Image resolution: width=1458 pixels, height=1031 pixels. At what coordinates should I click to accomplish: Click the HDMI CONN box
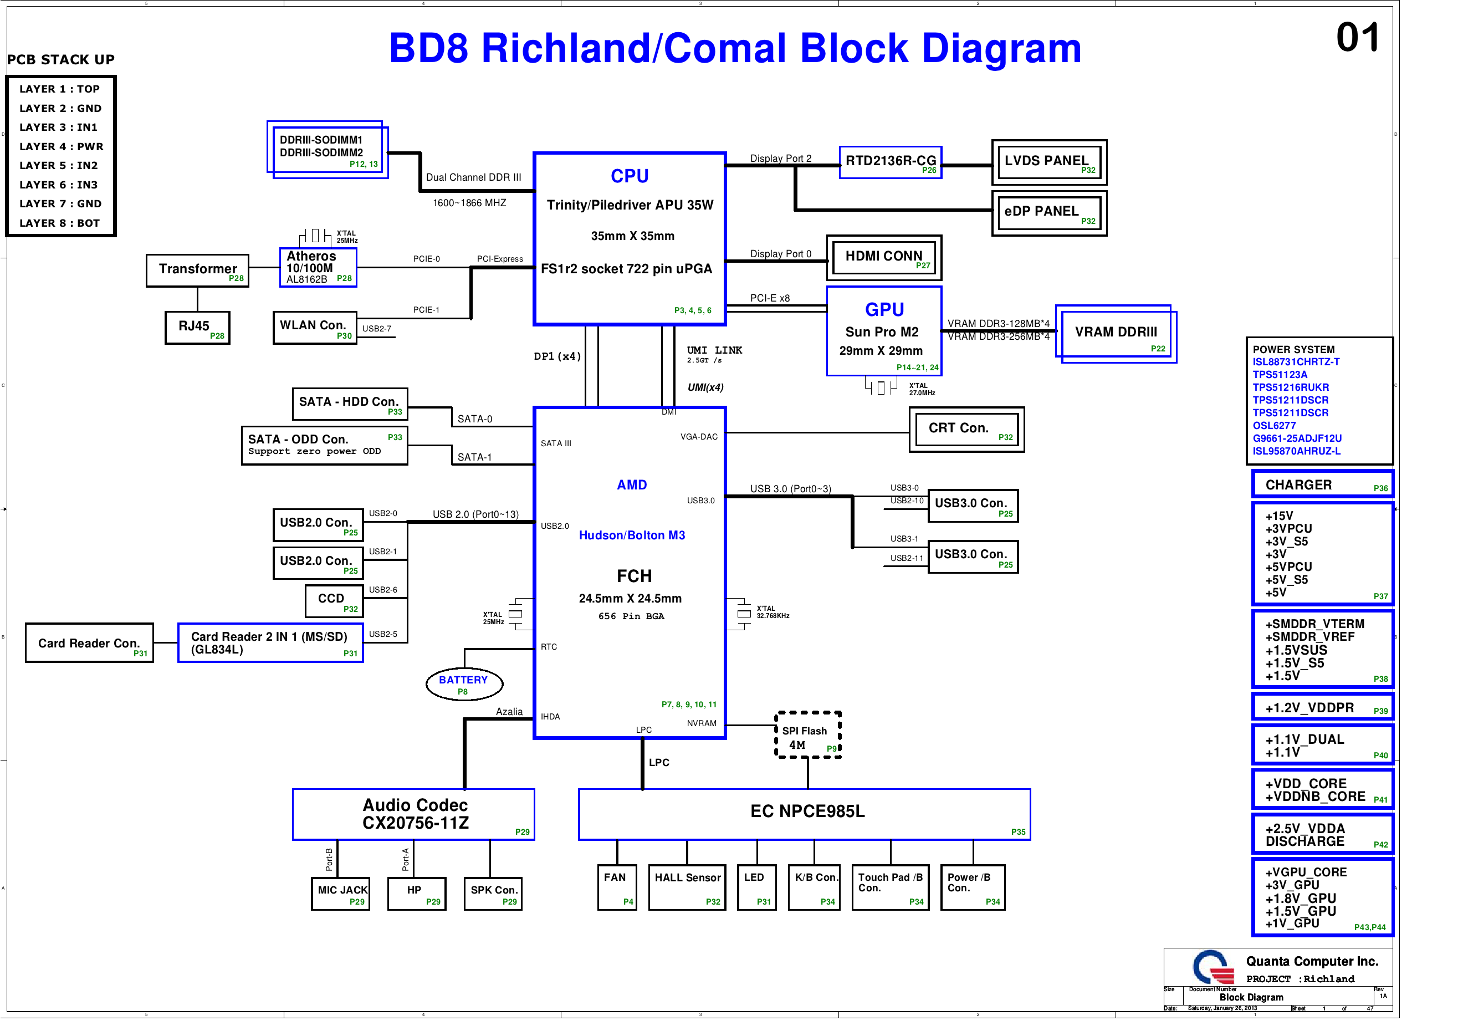click(883, 257)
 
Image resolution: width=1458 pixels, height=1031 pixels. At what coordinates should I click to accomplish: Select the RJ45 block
click(197, 327)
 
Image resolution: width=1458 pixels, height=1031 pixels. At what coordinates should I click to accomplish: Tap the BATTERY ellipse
click(464, 683)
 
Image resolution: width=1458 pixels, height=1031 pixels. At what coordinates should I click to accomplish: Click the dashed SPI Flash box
click(808, 735)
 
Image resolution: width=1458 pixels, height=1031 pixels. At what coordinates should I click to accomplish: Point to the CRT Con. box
click(966, 430)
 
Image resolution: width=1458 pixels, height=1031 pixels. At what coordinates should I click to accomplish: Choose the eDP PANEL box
click(1048, 213)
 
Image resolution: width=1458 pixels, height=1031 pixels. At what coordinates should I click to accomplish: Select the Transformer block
click(197, 270)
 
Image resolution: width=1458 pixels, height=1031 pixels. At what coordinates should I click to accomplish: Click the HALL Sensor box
click(687, 887)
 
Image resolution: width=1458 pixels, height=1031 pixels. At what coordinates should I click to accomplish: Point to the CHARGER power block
click(1322, 484)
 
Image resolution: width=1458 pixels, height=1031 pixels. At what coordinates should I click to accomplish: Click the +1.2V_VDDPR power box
click(1322, 707)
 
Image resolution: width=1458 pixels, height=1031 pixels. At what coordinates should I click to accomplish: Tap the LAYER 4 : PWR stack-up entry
click(61, 147)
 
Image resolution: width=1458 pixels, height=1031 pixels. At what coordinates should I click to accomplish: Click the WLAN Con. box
click(314, 327)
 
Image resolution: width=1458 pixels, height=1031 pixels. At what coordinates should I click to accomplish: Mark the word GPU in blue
click(884, 309)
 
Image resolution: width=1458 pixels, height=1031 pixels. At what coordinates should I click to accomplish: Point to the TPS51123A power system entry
click(1280, 375)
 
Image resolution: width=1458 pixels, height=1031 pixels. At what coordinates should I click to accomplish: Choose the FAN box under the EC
click(616, 887)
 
